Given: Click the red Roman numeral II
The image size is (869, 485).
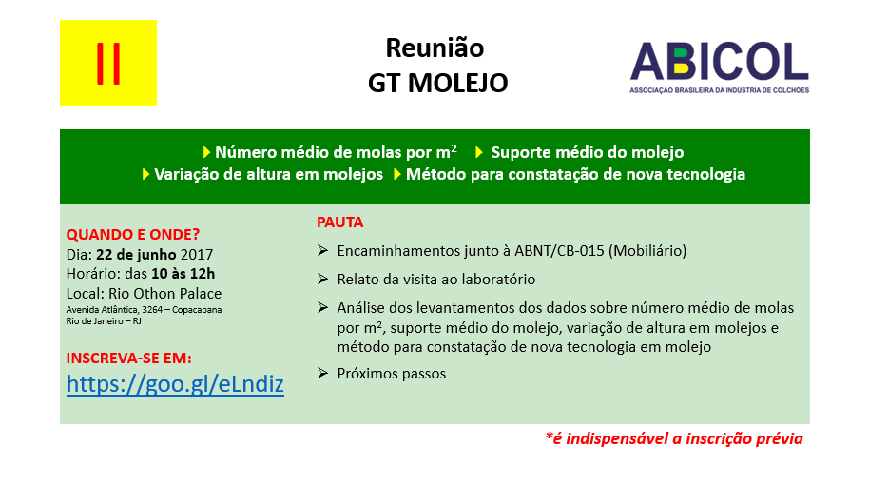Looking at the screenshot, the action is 108,63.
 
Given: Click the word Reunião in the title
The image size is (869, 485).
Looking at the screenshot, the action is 435,48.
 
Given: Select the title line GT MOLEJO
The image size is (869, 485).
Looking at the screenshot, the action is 437,83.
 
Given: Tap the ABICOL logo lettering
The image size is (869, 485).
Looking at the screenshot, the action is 720,62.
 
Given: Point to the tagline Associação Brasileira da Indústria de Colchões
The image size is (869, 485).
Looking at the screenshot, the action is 720,90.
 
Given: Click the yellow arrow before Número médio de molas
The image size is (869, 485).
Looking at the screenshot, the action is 206,152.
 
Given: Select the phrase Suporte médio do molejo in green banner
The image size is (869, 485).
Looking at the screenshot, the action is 588,152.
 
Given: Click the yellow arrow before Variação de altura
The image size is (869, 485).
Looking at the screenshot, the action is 145,175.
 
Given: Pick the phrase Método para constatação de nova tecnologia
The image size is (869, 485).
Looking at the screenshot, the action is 575,175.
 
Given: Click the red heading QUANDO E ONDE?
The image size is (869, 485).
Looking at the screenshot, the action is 133,235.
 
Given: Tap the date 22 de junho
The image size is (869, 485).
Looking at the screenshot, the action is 136,255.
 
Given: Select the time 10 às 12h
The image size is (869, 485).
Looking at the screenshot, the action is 183,274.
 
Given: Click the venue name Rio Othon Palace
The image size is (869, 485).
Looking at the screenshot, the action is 165,293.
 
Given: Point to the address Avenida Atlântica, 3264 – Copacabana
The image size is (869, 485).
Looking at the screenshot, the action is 145,310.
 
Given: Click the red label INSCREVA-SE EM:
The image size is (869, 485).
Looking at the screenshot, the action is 129,359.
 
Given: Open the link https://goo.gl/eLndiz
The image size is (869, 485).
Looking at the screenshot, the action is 175,384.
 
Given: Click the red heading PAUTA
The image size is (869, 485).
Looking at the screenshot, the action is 339,223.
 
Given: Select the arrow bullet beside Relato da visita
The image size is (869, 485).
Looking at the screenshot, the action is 322,279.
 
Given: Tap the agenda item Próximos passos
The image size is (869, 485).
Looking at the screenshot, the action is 392,374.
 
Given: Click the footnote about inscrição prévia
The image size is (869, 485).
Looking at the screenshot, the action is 674,439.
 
